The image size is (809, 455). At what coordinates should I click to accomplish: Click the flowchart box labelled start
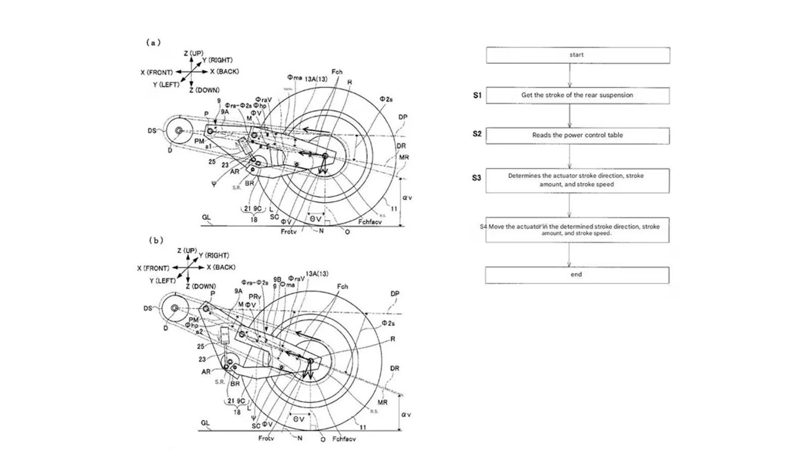(577, 55)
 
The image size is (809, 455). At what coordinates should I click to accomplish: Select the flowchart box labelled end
(577, 275)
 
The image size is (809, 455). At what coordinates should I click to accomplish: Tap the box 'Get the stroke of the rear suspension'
(577, 95)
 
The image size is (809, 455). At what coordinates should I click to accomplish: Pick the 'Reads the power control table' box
(577, 135)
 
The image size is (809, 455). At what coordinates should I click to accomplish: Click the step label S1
(477, 95)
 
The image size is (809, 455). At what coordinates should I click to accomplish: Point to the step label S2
(477, 134)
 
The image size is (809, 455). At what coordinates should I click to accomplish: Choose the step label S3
(476, 178)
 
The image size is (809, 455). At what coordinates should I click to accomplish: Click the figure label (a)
(153, 42)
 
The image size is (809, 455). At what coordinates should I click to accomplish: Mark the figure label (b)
(156, 240)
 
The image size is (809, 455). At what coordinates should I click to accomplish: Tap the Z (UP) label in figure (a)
(194, 54)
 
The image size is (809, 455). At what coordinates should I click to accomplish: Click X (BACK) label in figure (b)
(221, 267)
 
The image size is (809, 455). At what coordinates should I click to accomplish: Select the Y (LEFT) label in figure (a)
(166, 84)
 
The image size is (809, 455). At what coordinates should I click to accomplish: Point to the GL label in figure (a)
(206, 218)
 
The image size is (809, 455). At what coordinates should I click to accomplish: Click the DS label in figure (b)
(148, 308)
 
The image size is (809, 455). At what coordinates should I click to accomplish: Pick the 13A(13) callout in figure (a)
(316, 79)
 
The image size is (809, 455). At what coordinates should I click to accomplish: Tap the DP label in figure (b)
(395, 293)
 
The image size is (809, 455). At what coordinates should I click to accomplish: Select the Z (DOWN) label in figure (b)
(201, 286)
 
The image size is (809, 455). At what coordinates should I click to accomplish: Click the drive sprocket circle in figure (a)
(178, 130)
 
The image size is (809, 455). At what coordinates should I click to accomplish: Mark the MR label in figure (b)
(382, 402)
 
